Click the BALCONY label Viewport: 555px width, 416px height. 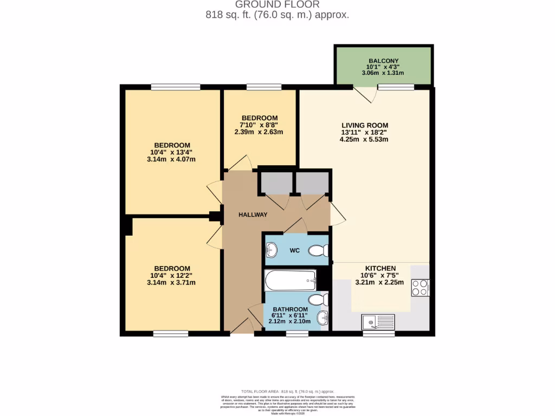(x=383, y=61)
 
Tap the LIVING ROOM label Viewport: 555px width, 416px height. (x=364, y=125)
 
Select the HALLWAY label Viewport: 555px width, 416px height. (x=253, y=214)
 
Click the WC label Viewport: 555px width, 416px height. (x=294, y=250)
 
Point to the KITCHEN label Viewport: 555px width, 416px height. (x=380, y=268)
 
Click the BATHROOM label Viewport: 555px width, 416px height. (x=290, y=309)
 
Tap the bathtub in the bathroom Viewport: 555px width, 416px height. (x=290, y=280)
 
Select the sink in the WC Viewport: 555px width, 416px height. (x=272, y=250)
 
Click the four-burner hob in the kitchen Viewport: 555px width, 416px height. (x=421, y=287)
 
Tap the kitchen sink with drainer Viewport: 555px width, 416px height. (x=378, y=323)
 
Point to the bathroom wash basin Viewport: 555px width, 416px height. (x=323, y=317)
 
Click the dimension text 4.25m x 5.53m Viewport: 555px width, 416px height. (x=364, y=139)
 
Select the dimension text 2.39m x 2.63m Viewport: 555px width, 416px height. (x=260, y=132)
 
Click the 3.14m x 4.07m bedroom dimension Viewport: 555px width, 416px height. (x=171, y=159)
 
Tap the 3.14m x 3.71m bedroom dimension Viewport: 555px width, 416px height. (x=171, y=282)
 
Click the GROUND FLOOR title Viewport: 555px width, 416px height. (x=277, y=5)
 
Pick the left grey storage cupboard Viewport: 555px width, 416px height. (x=274, y=183)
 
